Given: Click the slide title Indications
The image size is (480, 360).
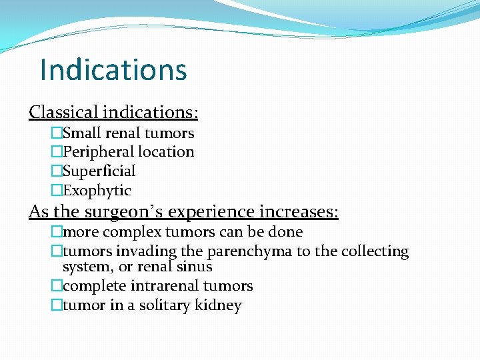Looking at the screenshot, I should coord(113,69).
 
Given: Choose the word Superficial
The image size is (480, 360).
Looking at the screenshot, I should coord(99,171).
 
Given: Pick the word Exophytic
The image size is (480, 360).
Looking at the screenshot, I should coord(97,191).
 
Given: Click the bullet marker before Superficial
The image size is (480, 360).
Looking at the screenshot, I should coord(57,171).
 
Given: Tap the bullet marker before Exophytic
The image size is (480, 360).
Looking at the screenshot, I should coord(57,191).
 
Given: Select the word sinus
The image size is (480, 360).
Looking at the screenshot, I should coord(195,267).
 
